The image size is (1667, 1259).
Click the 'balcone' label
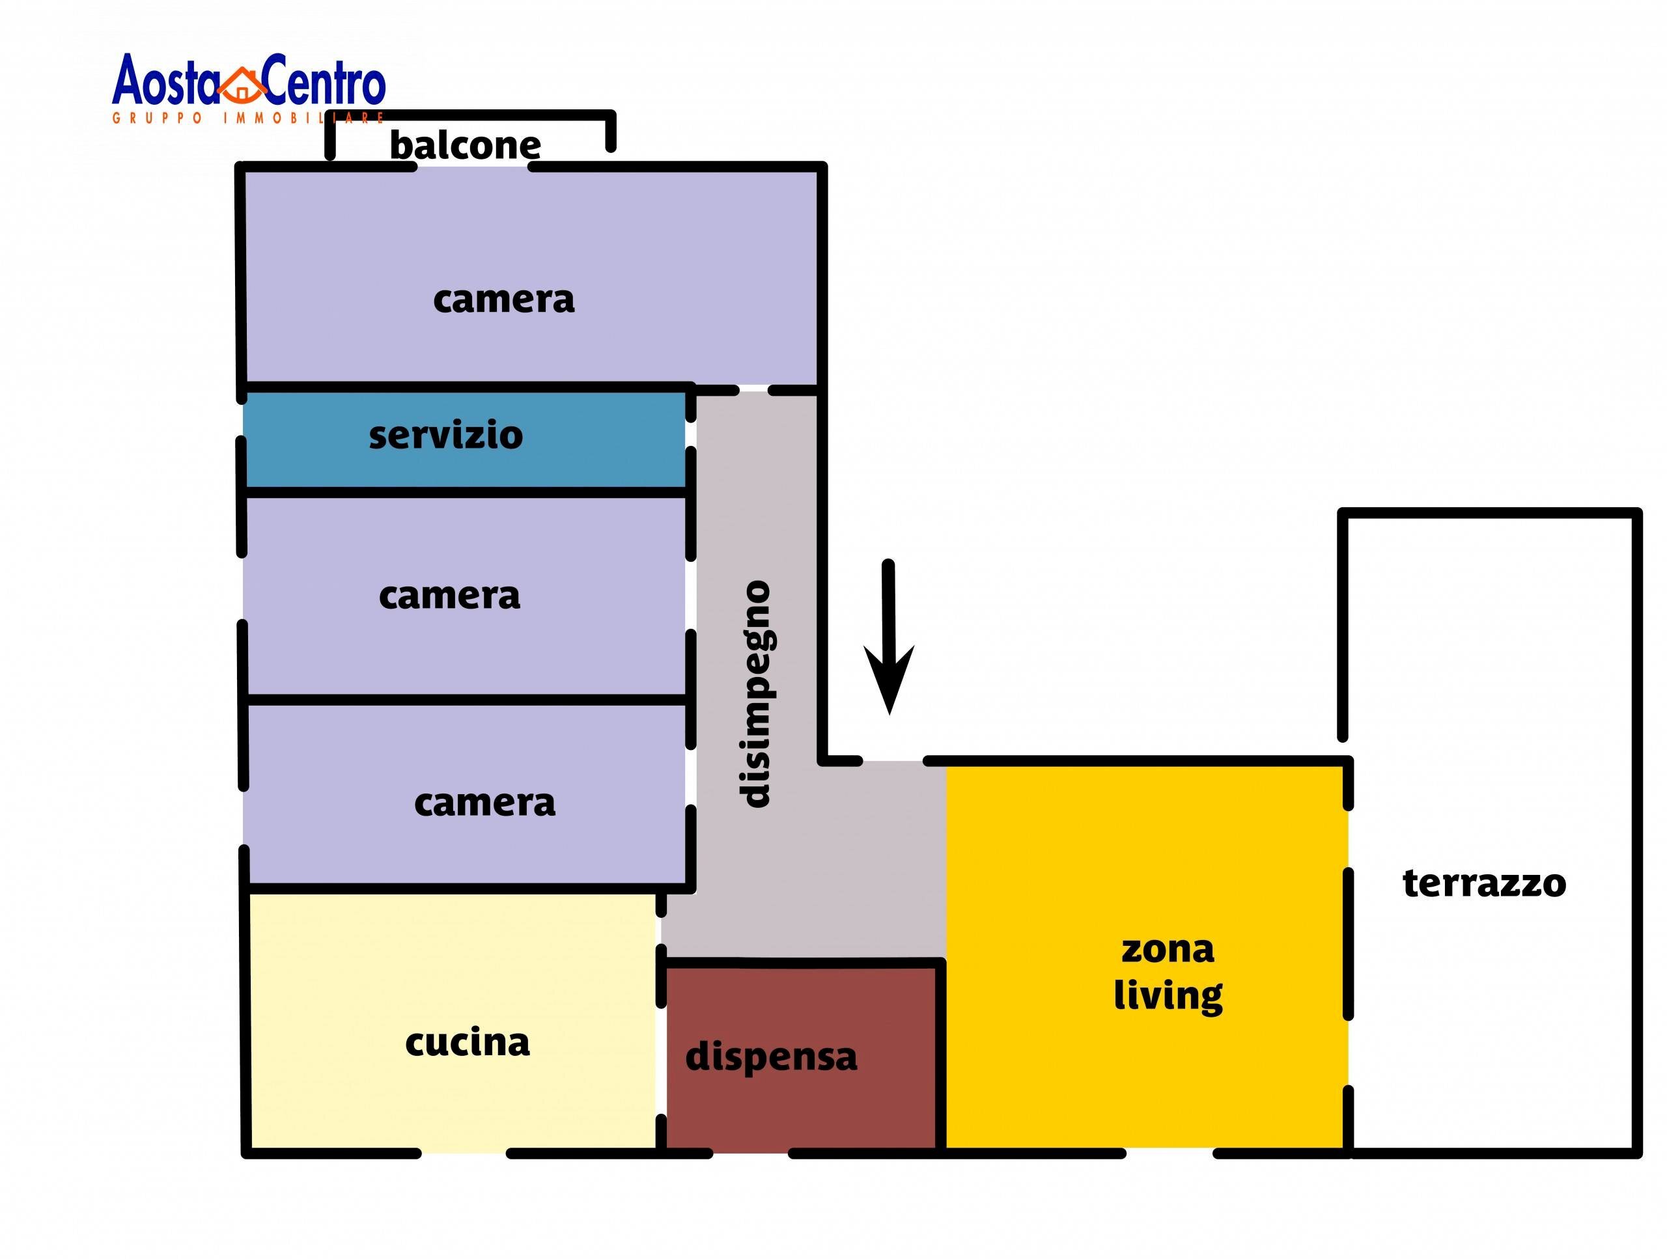(464, 145)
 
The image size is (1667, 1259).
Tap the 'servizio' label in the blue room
(445, 436)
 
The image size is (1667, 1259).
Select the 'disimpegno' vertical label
(754, 694)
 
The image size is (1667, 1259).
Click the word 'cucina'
(468, 1043)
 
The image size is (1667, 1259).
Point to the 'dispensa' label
(771, 1057)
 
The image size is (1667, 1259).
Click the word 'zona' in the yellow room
(1168, 950)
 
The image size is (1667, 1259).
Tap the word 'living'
(1168, 996)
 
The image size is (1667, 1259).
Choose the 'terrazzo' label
(1484, 883)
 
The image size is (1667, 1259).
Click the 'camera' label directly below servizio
(449, 596)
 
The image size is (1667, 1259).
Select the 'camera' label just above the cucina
(484, 803)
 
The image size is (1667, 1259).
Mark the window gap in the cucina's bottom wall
(464, 1154)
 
